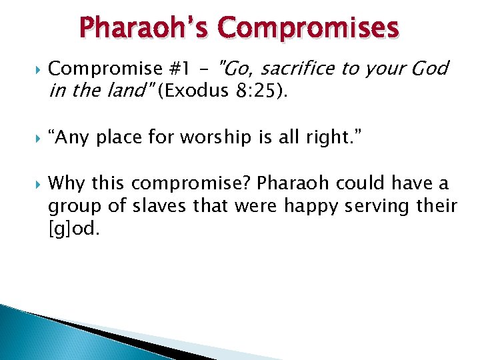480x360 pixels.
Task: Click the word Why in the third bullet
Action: click(68, 183)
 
